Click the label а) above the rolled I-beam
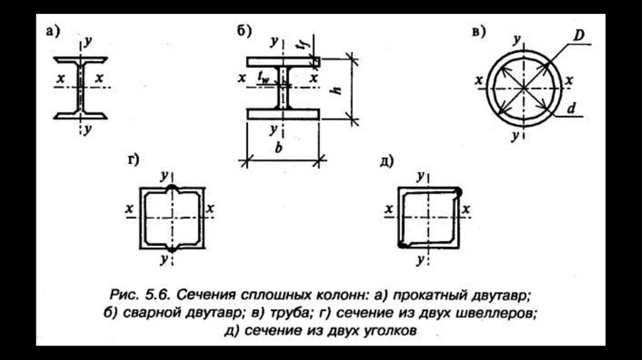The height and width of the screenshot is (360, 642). (53, 32)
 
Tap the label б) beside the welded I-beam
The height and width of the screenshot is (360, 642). (243, 33)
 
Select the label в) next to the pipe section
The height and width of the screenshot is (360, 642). (478, 32)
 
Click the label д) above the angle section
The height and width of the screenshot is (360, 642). (386, 161)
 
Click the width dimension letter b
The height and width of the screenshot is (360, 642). (280, 149)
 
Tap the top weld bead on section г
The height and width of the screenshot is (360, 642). (171, 187)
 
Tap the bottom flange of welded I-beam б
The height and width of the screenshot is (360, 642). (283, 114)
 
